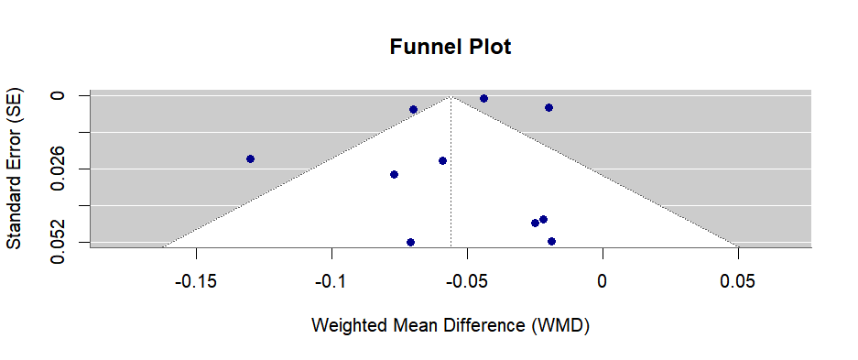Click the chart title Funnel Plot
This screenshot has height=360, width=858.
click(451, 47)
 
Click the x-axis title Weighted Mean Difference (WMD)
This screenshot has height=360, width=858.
click(451, 324)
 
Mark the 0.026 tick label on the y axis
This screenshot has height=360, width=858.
click(57, 169)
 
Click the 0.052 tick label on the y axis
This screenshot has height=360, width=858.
click(57, 243)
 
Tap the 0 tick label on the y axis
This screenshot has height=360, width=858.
click(57, 95)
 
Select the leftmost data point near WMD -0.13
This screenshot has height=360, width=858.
click(250, 158)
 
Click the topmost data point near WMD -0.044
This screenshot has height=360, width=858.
click(483, 98)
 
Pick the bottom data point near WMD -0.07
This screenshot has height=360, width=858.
click(410, 242)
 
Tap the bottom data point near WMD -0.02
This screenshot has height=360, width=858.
click(551, 241)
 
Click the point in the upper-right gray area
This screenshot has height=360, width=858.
click(548, 107)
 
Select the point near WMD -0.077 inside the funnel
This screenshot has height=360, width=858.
click(394, 174)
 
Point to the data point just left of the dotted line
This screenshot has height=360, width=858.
click(442, 160)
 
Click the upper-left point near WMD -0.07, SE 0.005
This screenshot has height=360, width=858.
click(413, 109)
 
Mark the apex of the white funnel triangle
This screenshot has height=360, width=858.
click(451, 96)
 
